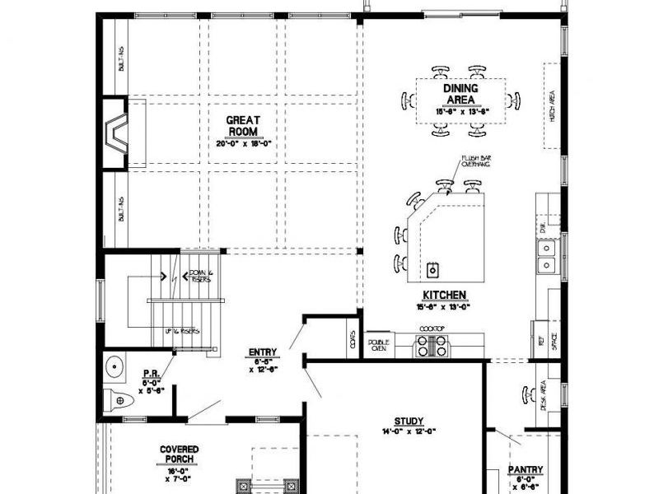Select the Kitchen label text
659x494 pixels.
coord(445,295)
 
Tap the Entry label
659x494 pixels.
coord(263,353)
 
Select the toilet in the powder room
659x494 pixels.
coord(119,402)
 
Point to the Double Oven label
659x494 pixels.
coord(378,346)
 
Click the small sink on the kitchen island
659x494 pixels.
coord(432,269)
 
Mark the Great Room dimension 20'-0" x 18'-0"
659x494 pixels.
coord(244,143)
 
